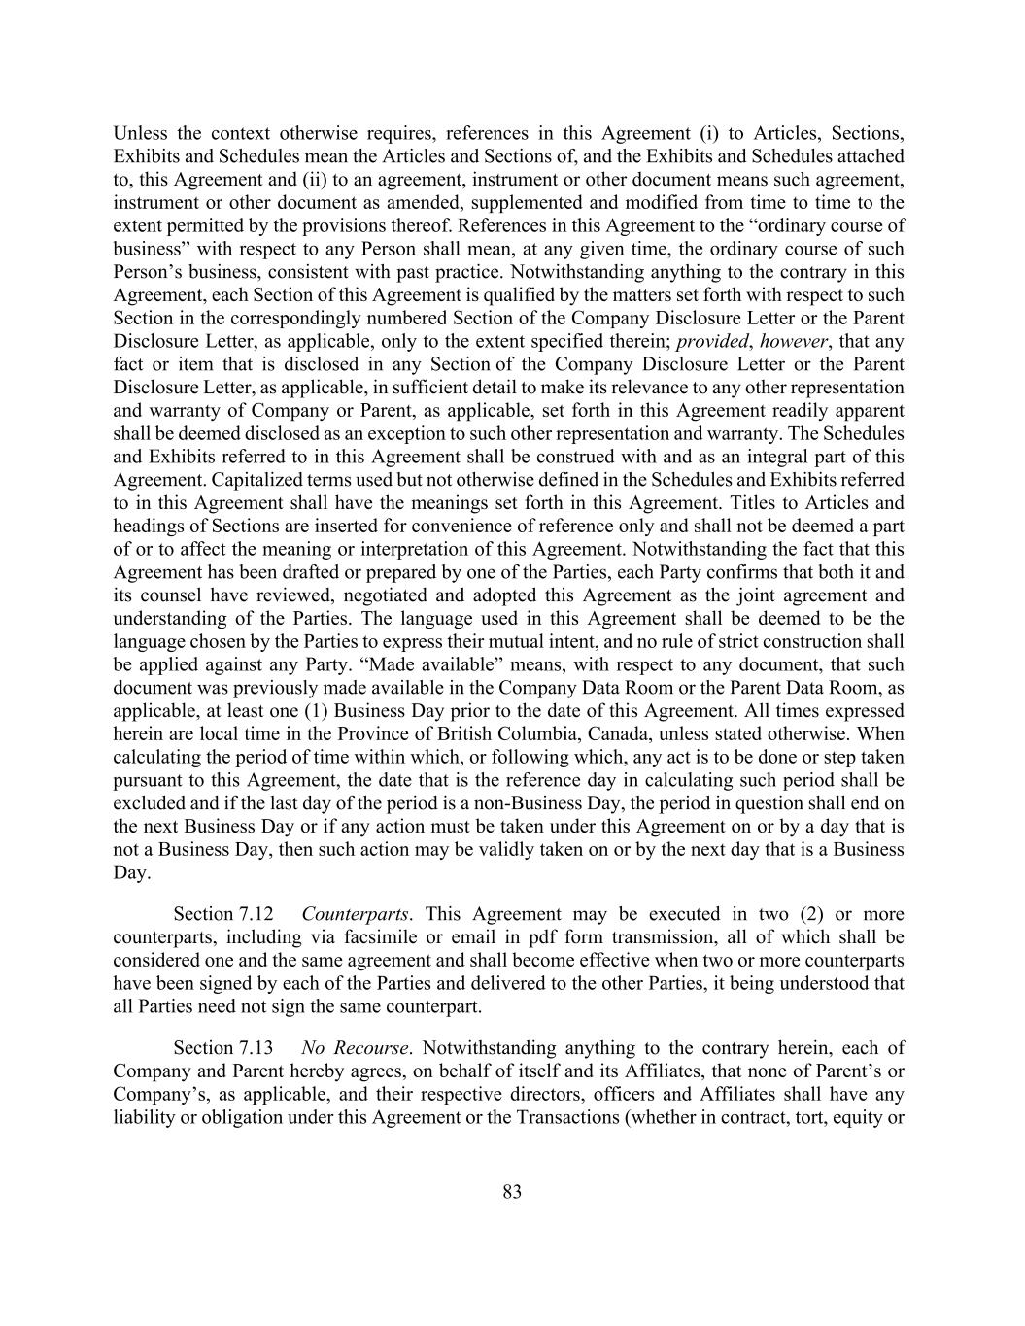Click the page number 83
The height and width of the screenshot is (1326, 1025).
click(x=512, y=1192)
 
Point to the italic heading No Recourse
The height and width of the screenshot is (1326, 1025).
click(x=356, y=1048)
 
